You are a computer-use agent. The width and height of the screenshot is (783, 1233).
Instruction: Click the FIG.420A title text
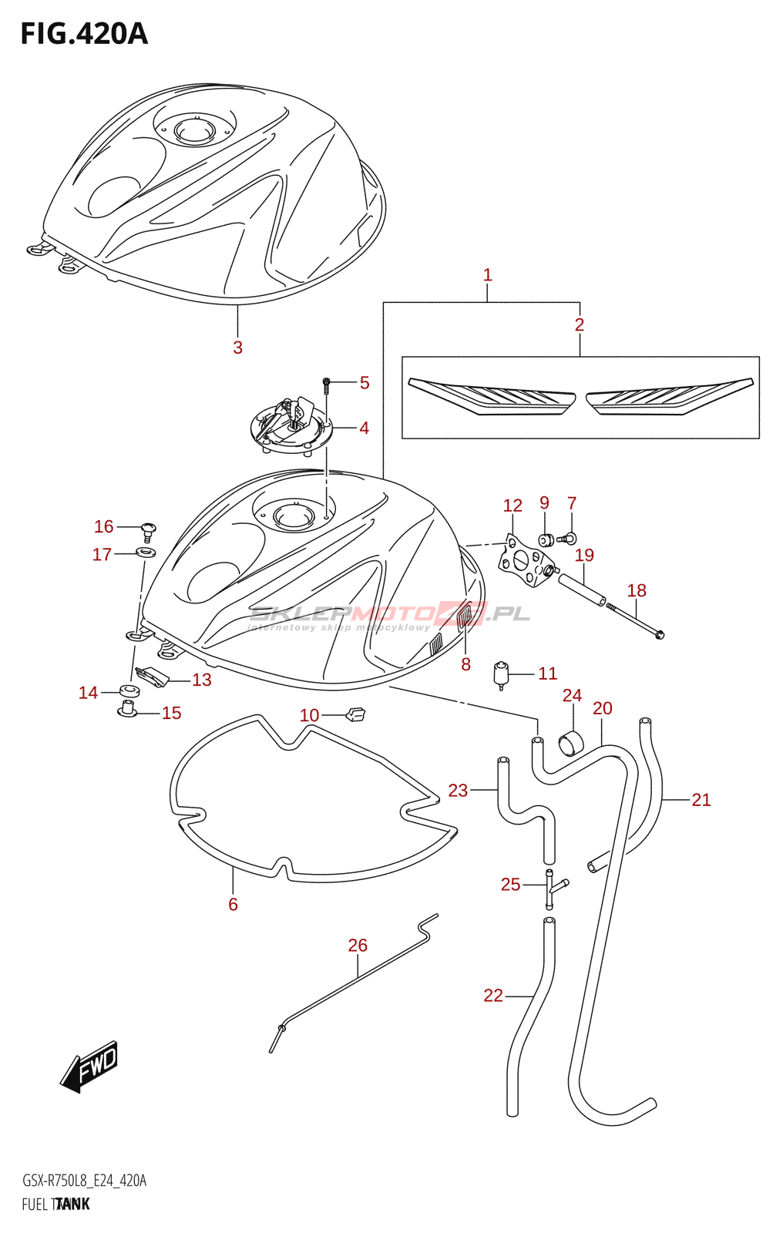tap(84, 34)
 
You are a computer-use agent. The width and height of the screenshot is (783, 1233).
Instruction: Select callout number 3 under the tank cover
tap(237, 348)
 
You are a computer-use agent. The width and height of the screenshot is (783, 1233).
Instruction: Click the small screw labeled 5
tap(326, 382)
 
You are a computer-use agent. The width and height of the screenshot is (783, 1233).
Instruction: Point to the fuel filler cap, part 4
tap(291, 425)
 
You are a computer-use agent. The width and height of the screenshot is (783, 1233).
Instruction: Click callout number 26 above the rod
tap(358, 945)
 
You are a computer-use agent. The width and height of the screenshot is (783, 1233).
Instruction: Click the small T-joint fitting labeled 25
tap(553, 889)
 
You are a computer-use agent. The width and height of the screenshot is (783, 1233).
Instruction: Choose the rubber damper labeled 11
tap(502, 674)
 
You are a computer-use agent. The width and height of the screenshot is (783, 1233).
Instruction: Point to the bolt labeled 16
tap(148, 529)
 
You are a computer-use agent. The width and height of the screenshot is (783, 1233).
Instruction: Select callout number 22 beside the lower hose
tap(493, 996)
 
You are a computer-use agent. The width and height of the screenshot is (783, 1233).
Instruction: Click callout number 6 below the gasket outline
tap(233, 904)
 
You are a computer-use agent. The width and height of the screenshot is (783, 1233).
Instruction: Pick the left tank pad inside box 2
tap(492, 396)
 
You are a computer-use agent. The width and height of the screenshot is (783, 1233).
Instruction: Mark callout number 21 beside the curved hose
tap(701, 800)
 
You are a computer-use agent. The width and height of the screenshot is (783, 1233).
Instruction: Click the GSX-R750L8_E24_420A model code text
tap(84, 1181)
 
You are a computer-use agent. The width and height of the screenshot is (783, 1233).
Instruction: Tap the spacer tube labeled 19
tap(581, 591)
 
